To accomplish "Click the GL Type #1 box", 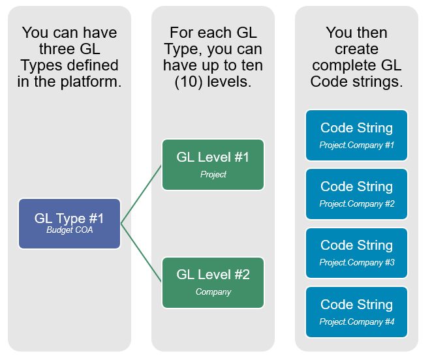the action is point(69,224).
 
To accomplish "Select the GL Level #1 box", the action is point(213,165).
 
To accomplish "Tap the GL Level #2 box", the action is point(213,282).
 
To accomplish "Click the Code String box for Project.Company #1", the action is point(356,135).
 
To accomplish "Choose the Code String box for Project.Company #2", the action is point(356,194).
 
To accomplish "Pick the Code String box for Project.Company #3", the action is point(356,253).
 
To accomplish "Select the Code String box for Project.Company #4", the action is point(356,312).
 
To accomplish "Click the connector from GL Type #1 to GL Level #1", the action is point(141,194).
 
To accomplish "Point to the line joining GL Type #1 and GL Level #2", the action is point(141,253).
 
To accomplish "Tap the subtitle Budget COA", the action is point(69,230).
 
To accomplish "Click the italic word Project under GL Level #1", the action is point(213,174).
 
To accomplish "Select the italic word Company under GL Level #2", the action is point(213,292).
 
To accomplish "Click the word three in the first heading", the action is point(57,49).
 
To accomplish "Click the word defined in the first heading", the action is point(93,65).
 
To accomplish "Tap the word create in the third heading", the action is point(356,50).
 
